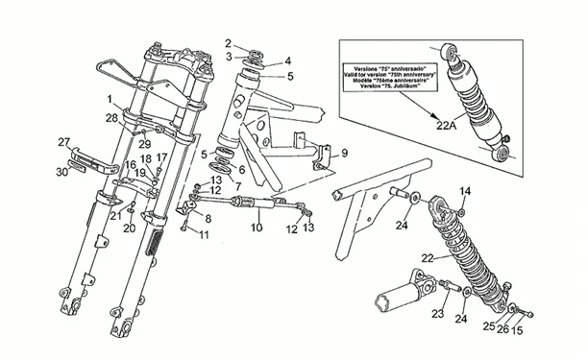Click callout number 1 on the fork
110,99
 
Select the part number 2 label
228,42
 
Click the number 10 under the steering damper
256,228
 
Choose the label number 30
61,172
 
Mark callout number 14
465,191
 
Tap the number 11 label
203,235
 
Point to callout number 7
237,184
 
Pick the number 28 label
112,118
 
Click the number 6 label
241,169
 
